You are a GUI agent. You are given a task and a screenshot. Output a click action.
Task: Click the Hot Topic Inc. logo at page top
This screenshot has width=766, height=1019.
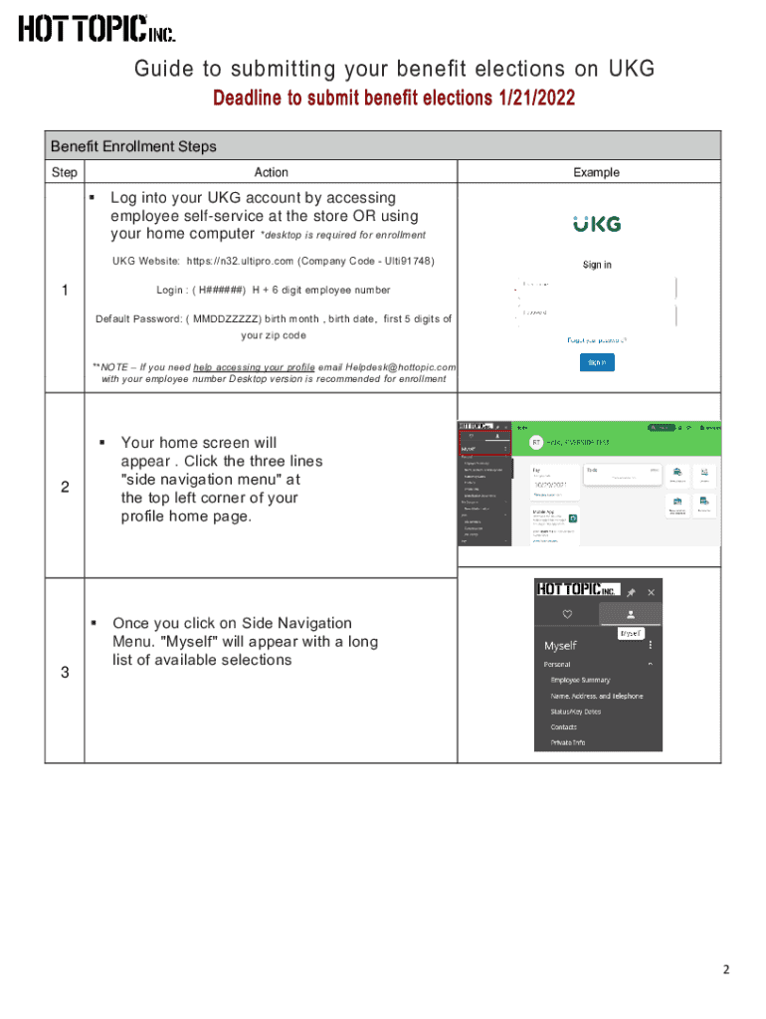[96, 29]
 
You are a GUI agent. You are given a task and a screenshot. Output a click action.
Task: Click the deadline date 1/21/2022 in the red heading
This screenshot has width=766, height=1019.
[533, 99]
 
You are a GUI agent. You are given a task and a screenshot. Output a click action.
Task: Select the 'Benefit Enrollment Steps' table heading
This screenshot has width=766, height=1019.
[133, 146]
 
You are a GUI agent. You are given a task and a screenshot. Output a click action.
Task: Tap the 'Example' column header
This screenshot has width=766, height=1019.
[596, 172]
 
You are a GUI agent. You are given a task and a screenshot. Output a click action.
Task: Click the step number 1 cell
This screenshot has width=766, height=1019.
[65, 290]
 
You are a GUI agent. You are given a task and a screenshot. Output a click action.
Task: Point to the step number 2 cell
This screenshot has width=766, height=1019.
[65, 487]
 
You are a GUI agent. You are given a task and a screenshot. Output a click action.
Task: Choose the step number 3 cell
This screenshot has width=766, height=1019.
[65, 673]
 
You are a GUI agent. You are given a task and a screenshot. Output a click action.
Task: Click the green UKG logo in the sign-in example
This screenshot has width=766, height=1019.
[596, 224]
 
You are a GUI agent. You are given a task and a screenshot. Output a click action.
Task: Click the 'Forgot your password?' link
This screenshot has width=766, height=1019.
[596, 339]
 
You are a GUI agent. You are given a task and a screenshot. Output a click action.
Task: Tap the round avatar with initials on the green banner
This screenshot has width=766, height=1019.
[535, 442]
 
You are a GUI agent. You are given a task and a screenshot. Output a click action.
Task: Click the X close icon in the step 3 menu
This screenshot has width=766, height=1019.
[652, 591]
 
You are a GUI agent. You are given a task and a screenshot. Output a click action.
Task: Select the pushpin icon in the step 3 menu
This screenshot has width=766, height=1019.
[631, 591]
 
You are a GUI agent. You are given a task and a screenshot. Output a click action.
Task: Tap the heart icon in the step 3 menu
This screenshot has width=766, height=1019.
[567, 614]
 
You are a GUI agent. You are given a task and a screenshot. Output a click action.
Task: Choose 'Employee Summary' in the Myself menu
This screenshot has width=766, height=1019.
[587, 680]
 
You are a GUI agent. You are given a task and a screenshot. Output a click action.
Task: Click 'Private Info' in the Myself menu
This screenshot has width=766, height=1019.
[568, 742]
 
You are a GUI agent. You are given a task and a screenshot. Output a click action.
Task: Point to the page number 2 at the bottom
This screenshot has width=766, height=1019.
[726, 970]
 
